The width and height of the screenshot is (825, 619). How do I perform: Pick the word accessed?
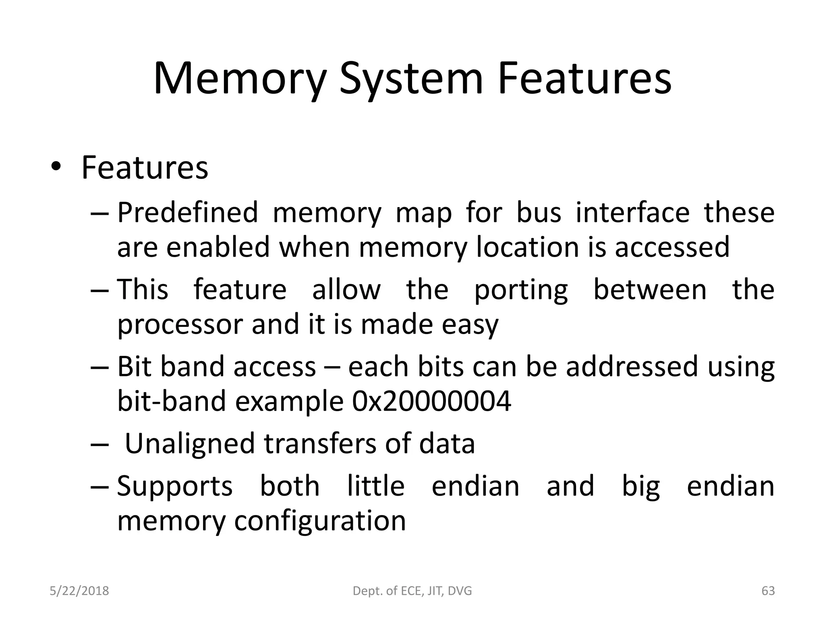click(672, 247)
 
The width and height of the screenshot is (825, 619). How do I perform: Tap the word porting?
click(521, 290)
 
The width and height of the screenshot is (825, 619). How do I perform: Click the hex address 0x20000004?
click(431, 401)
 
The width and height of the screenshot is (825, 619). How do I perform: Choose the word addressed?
click(631, 366)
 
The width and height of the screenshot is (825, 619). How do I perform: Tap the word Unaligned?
click(190, 443)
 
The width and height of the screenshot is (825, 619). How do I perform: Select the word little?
click(375, 486)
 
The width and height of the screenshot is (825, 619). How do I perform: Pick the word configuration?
click(320, 521)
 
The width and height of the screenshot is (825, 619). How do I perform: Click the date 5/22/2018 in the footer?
click(79, 591)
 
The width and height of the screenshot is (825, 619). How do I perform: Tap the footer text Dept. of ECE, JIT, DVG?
click(412, 591)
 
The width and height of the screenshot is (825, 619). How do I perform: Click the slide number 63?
click(768, 591)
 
